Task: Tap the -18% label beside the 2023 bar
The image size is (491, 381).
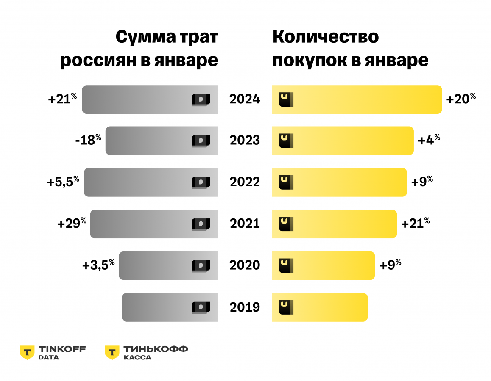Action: pos(88,140)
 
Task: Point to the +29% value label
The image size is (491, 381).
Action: pos(72,223)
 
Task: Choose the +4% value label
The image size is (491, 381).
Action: pos(429,140)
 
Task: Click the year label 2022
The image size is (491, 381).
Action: pos(245,182)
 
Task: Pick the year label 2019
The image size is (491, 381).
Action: pos(245,307)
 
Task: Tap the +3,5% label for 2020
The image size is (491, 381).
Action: pos(98,265)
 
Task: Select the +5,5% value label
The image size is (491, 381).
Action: pos(63,182)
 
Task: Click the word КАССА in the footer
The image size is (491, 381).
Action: pos(137,358)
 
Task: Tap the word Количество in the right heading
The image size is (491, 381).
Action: pos(326,37)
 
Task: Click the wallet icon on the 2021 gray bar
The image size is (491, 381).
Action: pos(200,224)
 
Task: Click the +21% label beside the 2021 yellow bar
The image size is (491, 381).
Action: pos(415,223)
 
